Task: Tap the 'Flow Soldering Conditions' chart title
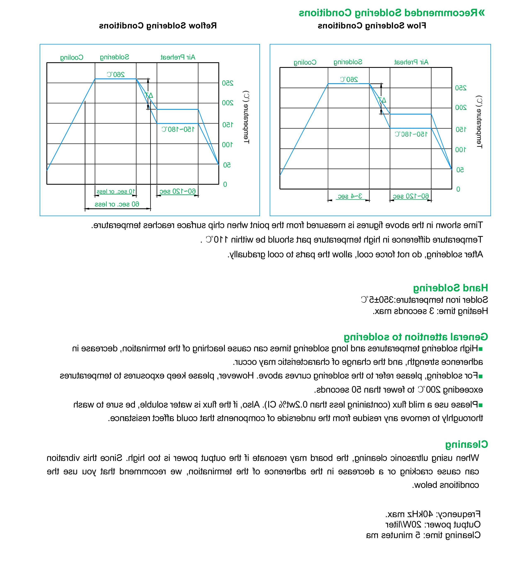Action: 372,26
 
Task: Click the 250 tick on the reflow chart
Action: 228,83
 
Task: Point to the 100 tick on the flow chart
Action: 461,150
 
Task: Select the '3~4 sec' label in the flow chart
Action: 350,196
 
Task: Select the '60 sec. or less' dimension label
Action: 117,204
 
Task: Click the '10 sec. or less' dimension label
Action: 116,191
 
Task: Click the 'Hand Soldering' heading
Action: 450,288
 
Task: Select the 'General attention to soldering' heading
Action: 416,337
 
